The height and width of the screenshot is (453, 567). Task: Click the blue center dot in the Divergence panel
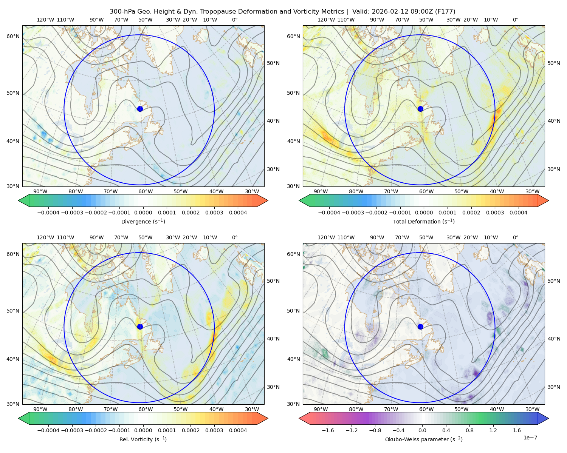pos(140,109)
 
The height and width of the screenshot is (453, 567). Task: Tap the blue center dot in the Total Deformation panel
pos(420,109)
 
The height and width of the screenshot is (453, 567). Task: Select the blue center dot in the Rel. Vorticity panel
pos(140,327)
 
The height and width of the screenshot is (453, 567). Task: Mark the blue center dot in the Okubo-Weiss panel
pos(420,327)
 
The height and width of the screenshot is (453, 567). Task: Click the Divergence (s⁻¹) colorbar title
pos(143,222)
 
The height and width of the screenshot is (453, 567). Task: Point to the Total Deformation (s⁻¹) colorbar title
pos(424,222)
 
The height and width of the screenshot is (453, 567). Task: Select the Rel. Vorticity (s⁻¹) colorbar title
pos(143,439)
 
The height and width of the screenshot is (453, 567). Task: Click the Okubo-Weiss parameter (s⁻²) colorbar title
pos(424,439)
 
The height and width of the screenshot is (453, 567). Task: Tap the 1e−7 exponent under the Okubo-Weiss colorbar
pos(530,438)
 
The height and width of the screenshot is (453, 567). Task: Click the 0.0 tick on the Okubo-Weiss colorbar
pos(422,430)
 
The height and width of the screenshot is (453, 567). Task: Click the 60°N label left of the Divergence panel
pos(13,36)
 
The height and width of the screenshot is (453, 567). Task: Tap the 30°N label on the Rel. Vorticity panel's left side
pos(13,404)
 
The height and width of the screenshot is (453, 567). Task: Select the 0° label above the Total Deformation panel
pos(516,20)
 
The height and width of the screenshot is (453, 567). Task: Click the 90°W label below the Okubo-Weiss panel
pos(321,409)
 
